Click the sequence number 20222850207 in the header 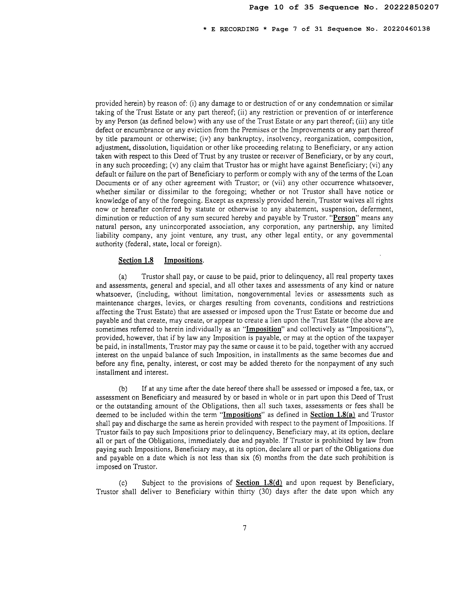point(411,7)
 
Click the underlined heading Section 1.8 point(136,260)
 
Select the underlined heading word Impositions point(183,260)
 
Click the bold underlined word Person point(344,218)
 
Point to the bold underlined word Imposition point(263,329)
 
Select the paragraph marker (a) point(123,277)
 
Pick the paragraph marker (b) point(123,389)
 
